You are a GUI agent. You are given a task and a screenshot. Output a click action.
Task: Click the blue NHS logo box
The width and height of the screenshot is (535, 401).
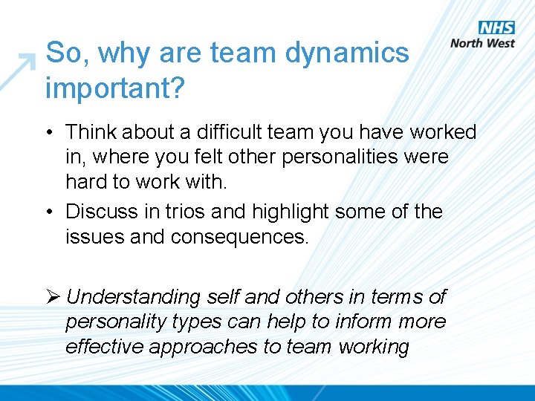point(496,27)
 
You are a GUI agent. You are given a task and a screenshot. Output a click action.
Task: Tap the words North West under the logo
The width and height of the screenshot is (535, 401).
point(482,43)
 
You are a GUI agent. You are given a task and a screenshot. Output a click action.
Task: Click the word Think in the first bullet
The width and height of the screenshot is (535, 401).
point(91,132)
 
